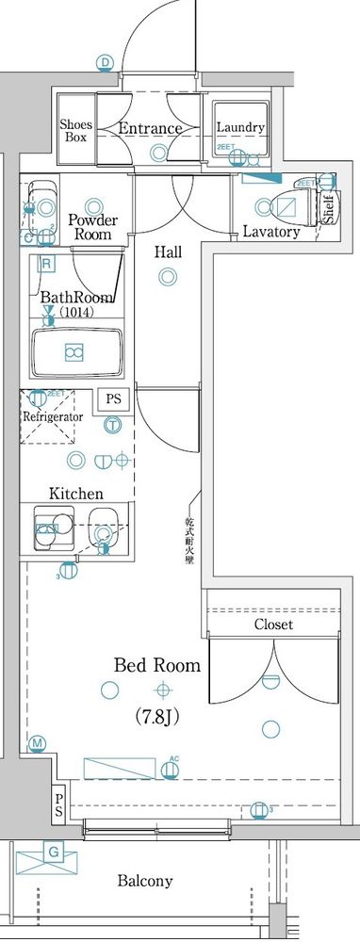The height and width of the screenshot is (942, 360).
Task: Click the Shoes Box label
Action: pyautogui.click(x=74, y=130)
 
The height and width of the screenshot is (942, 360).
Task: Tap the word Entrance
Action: pyautogui.click(x=150, y=129)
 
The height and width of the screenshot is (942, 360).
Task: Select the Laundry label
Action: pyautogui.click(x=240, y=128)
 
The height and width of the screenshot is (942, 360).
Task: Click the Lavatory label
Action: pyautogui.click(x=270, y=232)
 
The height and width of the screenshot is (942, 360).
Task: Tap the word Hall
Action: pyautogui.click(x=169, y=252)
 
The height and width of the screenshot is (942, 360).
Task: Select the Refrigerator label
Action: pyautogui.click(x=54, y=415)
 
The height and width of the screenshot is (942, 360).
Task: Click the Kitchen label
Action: pyautogui.click(x=76, y=493)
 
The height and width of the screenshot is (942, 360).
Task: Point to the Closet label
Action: pyautogui.click(x=273, y=625)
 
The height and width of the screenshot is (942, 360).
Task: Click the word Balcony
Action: pyautogui.click(x=145, y=882)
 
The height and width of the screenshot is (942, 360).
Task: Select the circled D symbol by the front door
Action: pyautogui.click(x=106, y=63)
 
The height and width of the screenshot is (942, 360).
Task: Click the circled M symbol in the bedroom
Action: pyautogui.click(x=38, y=745)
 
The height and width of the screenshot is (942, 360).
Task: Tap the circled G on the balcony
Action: pyautogui.click(x=54, y=853)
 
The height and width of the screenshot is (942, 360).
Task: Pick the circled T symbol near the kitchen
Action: pyautogui.click(x=112, y=425)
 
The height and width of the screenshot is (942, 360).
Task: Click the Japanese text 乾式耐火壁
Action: pyautogui.click(x=190, y=541)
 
